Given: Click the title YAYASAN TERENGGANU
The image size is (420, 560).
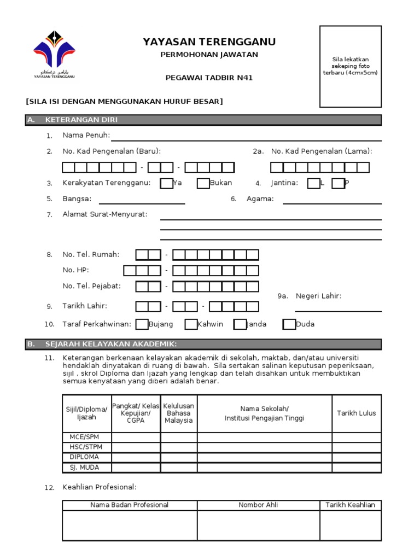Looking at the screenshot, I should [x=209, y=42].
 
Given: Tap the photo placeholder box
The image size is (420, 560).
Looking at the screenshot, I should [x=351, y=66].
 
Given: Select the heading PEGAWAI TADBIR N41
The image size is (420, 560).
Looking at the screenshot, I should [x=209, y=78].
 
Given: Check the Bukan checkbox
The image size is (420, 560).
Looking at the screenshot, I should [x=203, y=183].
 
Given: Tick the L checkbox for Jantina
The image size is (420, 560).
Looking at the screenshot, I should [x=313, y=183].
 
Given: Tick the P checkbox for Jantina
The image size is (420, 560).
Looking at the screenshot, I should [x=338, y=183].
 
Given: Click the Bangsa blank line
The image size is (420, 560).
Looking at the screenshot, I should [x=142, y=202].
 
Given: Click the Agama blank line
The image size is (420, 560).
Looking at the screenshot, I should [x=332, y=202].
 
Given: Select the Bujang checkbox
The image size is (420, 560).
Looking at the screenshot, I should [x=142, y=324].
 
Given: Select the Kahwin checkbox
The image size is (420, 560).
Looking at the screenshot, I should [x=191, y=324].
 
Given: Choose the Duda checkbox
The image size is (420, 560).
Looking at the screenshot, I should [x=289, y=324].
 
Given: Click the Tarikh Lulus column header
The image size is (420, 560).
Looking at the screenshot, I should [x=357, y=413].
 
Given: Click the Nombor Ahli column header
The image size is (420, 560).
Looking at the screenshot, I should [x=258, y=505].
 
